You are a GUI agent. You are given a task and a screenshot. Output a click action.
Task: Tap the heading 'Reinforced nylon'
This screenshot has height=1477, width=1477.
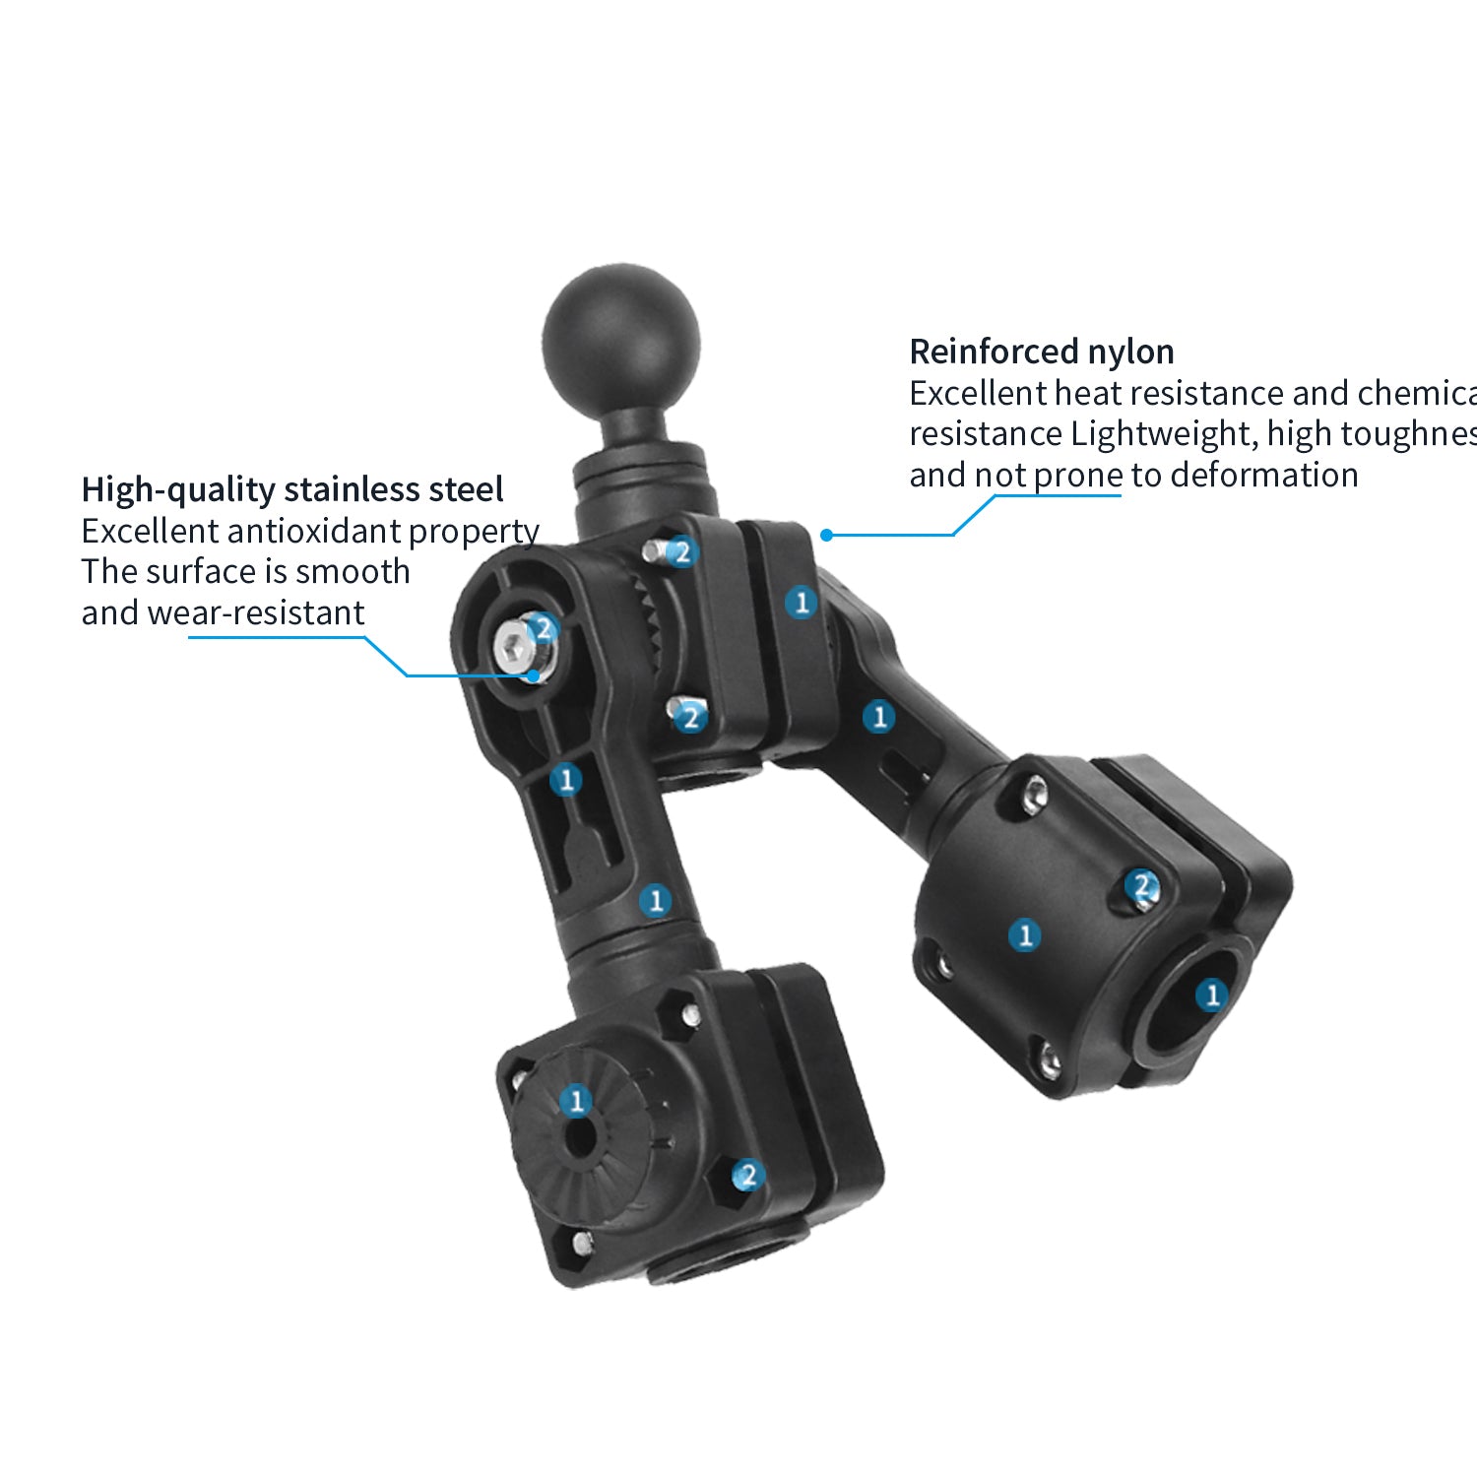[x=1041, y=352]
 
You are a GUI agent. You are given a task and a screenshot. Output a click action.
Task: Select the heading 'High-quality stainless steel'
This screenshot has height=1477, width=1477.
[x=291, y=489]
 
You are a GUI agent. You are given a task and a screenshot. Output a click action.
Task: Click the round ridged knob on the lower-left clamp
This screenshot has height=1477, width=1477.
[x=581, y=1132]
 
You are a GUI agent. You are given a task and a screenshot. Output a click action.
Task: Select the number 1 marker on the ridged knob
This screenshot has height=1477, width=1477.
[x=576, y=1101]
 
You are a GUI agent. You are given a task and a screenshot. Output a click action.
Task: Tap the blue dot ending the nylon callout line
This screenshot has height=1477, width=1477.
[x=827, y=535]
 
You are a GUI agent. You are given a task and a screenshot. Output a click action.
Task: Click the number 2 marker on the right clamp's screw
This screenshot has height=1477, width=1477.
[x=1142, y=886]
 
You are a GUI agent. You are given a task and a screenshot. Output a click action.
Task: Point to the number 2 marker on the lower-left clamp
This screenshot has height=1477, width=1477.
[x=748, y=1174]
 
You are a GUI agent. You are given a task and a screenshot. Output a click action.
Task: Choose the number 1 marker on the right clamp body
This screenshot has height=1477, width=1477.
[x=1025, y=934]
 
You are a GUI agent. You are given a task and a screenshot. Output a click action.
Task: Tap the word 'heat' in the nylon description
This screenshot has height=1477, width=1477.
[x=1083, y=394]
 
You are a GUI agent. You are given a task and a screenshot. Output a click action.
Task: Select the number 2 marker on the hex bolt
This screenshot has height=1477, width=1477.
[x=543, y=628]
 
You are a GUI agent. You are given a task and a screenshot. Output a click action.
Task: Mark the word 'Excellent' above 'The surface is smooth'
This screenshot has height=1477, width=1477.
[x=150, y=532]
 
